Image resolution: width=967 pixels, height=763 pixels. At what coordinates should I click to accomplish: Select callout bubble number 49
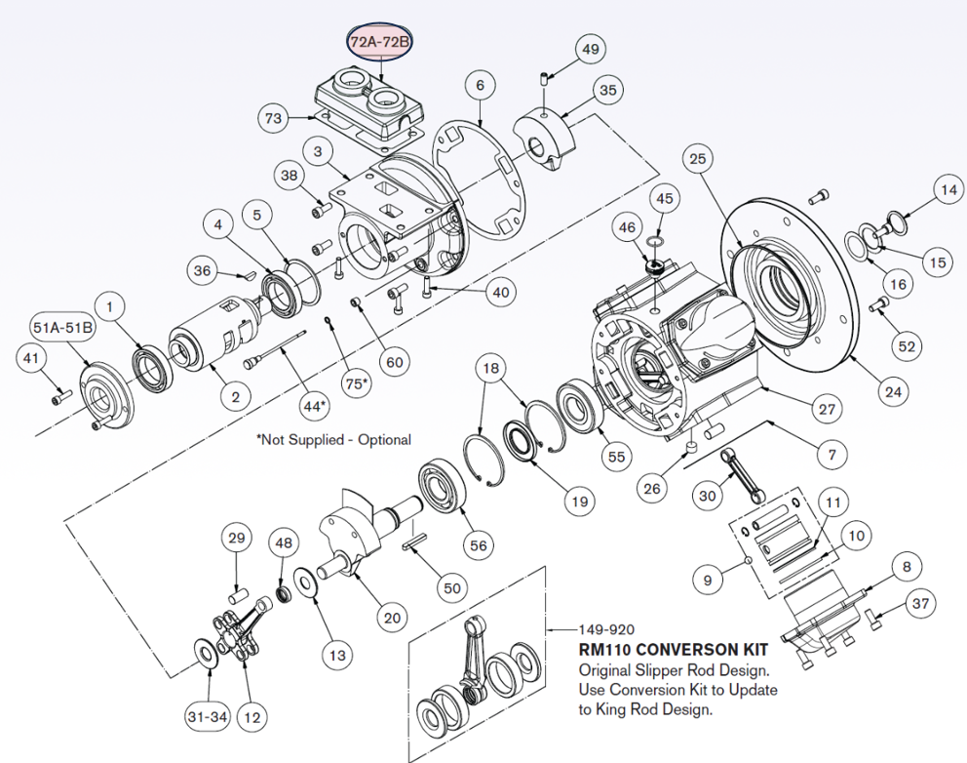(591, 48)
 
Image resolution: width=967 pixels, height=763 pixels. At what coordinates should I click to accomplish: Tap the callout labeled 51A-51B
(64, 327)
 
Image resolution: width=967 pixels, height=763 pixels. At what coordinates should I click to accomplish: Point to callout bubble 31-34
(208, 717)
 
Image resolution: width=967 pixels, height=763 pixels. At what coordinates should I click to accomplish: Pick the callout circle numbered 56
(478, 545)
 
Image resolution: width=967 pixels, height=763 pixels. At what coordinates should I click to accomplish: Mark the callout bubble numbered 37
(919, 605)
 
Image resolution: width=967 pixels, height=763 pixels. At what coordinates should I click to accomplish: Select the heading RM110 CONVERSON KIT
(673, 649)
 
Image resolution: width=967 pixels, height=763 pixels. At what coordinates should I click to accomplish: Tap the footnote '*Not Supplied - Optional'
(333, 440)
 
